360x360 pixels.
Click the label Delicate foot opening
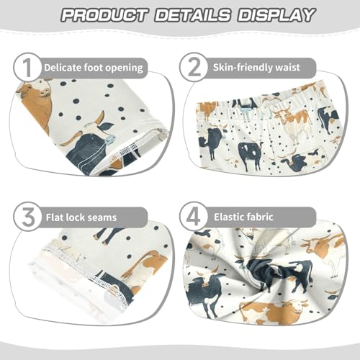[94, 68]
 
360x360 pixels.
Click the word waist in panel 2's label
[300, 68]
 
